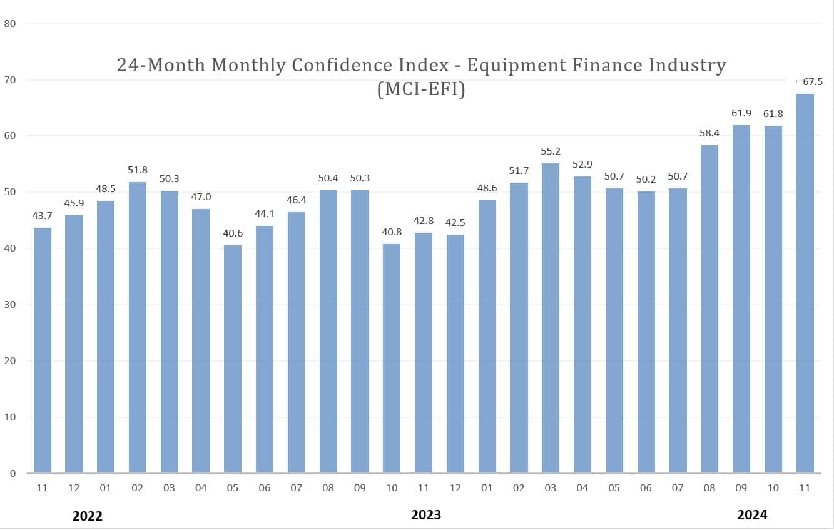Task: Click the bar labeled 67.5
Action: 805,283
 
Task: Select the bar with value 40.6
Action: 233,359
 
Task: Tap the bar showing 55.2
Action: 551,318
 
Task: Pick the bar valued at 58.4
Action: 709,308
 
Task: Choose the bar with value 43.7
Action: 42,350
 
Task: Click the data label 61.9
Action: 741,113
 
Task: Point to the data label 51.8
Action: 138,170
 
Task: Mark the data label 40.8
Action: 392,232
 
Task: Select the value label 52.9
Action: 582,165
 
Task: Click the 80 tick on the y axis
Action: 9,24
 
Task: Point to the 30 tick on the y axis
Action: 9,305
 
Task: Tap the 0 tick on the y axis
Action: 12,473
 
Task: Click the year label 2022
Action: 87,516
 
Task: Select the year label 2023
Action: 425,515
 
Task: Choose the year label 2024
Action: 751,515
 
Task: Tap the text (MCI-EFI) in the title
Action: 420,89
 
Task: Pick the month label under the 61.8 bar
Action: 773,488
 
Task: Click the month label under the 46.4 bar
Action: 297,488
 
